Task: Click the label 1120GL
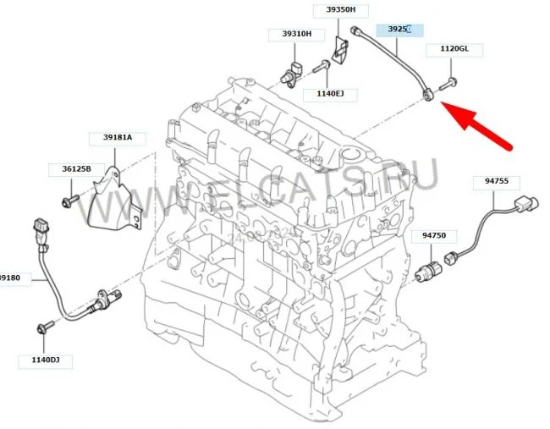tap(454, 50)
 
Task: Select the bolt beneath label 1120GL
tap(451, 82)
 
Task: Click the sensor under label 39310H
tap(292, 71)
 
